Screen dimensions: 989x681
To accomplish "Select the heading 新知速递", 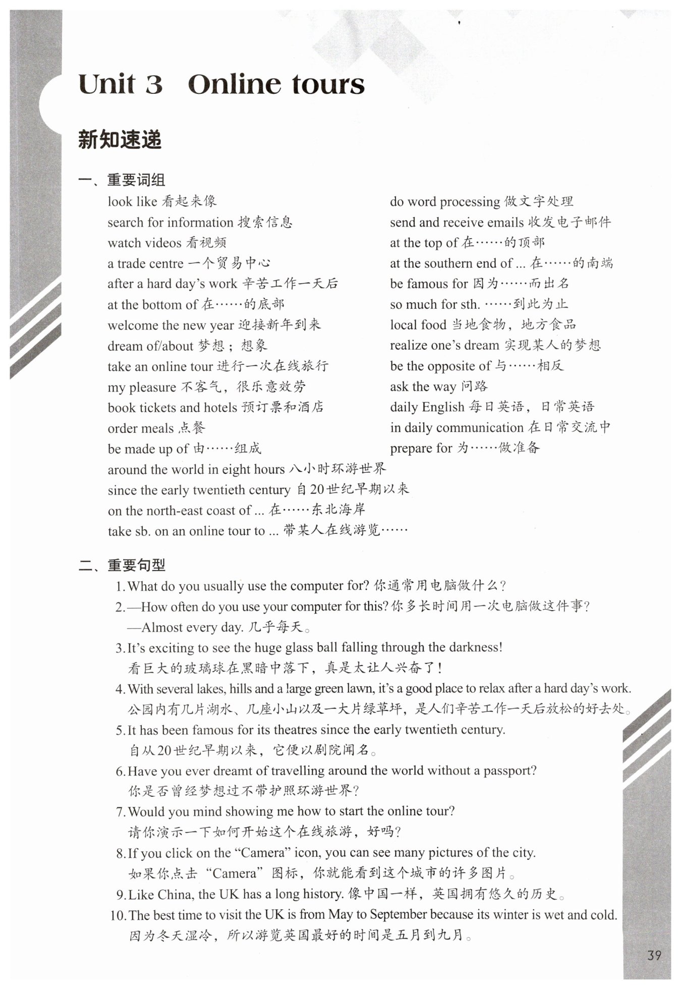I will click(x=120, y=140).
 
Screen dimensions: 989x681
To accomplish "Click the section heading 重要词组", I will click(x=136, y=180).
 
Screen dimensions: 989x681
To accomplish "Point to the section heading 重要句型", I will click(x=136, y=565).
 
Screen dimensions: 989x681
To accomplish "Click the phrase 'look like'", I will click(x=132, y=201).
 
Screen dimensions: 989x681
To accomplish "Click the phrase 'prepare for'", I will click(x=421, y=448).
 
